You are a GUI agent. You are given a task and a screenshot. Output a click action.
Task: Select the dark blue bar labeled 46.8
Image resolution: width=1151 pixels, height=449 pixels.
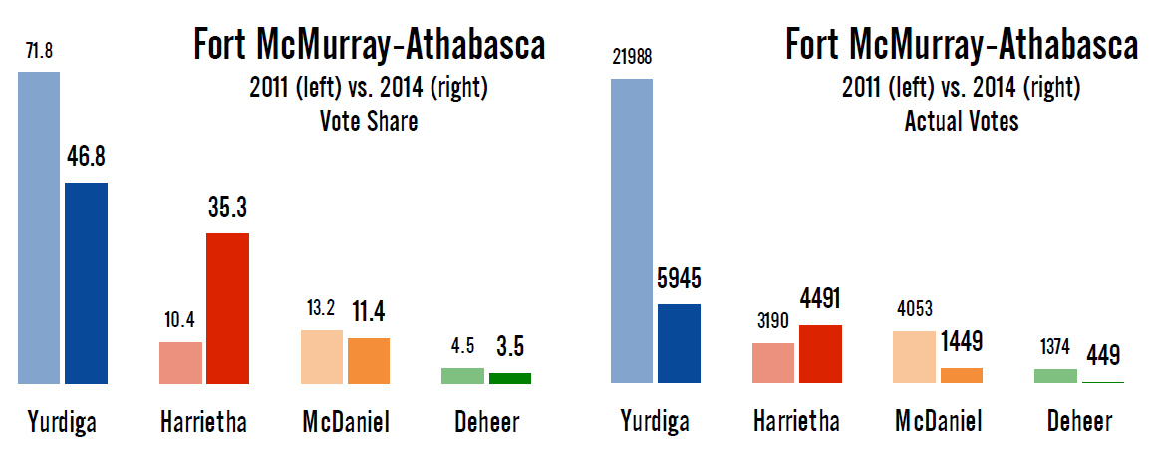[x=87, y=283]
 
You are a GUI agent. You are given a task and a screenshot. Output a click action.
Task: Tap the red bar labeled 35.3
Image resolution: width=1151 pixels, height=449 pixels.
[x=227, y=308]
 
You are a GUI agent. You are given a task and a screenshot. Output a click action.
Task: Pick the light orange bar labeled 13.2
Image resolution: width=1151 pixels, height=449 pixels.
[x=322, y=356]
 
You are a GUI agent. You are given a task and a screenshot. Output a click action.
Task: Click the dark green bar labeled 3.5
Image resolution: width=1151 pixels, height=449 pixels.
[x=510, y=378]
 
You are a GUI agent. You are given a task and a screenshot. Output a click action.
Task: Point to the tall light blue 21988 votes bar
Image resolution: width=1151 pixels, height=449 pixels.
[x=631, y=231]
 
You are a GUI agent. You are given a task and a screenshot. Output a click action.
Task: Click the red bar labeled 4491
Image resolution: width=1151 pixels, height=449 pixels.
[x=820, y=354]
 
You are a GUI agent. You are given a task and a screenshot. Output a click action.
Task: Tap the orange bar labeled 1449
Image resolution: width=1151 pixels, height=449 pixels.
[x=962, y=375]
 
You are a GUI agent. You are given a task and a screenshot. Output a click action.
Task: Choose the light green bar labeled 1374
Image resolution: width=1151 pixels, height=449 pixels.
[x=1055, y=376]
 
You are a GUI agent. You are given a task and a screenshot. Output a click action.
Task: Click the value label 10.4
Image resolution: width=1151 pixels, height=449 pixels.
[x=180, y=321]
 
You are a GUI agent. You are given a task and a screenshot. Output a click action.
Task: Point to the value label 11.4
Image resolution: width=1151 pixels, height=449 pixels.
[x=369, y=313]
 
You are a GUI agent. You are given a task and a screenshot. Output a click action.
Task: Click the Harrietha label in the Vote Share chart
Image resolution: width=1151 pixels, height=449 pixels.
[x=203, y=422]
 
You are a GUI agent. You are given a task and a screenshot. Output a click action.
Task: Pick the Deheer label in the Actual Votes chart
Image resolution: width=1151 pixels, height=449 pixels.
[x=1079, y=422]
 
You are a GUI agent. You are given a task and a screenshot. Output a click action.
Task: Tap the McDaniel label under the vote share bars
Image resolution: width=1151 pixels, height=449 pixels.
[x=345, y=422]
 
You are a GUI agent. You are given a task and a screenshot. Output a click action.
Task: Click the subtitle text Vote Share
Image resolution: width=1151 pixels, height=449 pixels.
[x=368, y=123]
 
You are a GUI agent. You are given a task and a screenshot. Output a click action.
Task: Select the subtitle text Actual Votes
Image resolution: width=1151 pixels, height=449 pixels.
[x=961, y=123]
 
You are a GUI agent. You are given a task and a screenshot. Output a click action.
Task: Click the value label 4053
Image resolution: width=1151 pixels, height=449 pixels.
[x=914, y=310]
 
